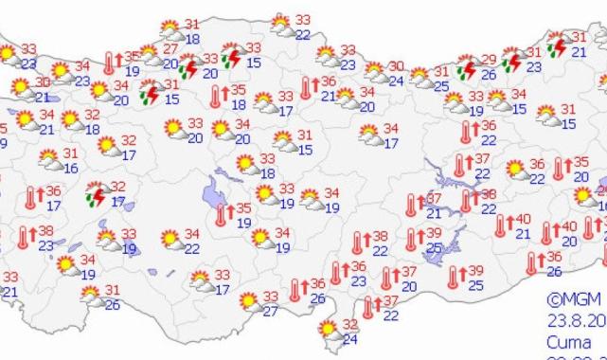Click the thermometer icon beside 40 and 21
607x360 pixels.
point(502,227)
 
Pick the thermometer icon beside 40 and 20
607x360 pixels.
point(547,233)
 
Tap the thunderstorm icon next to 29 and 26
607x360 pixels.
point(466,69)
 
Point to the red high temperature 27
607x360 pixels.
point(170,49)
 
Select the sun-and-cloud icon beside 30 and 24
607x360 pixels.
point(375,73)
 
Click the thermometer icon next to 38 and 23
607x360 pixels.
point(24,237)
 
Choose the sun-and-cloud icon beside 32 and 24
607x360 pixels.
point(329,330)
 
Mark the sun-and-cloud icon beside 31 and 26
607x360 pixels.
point(93,297)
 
